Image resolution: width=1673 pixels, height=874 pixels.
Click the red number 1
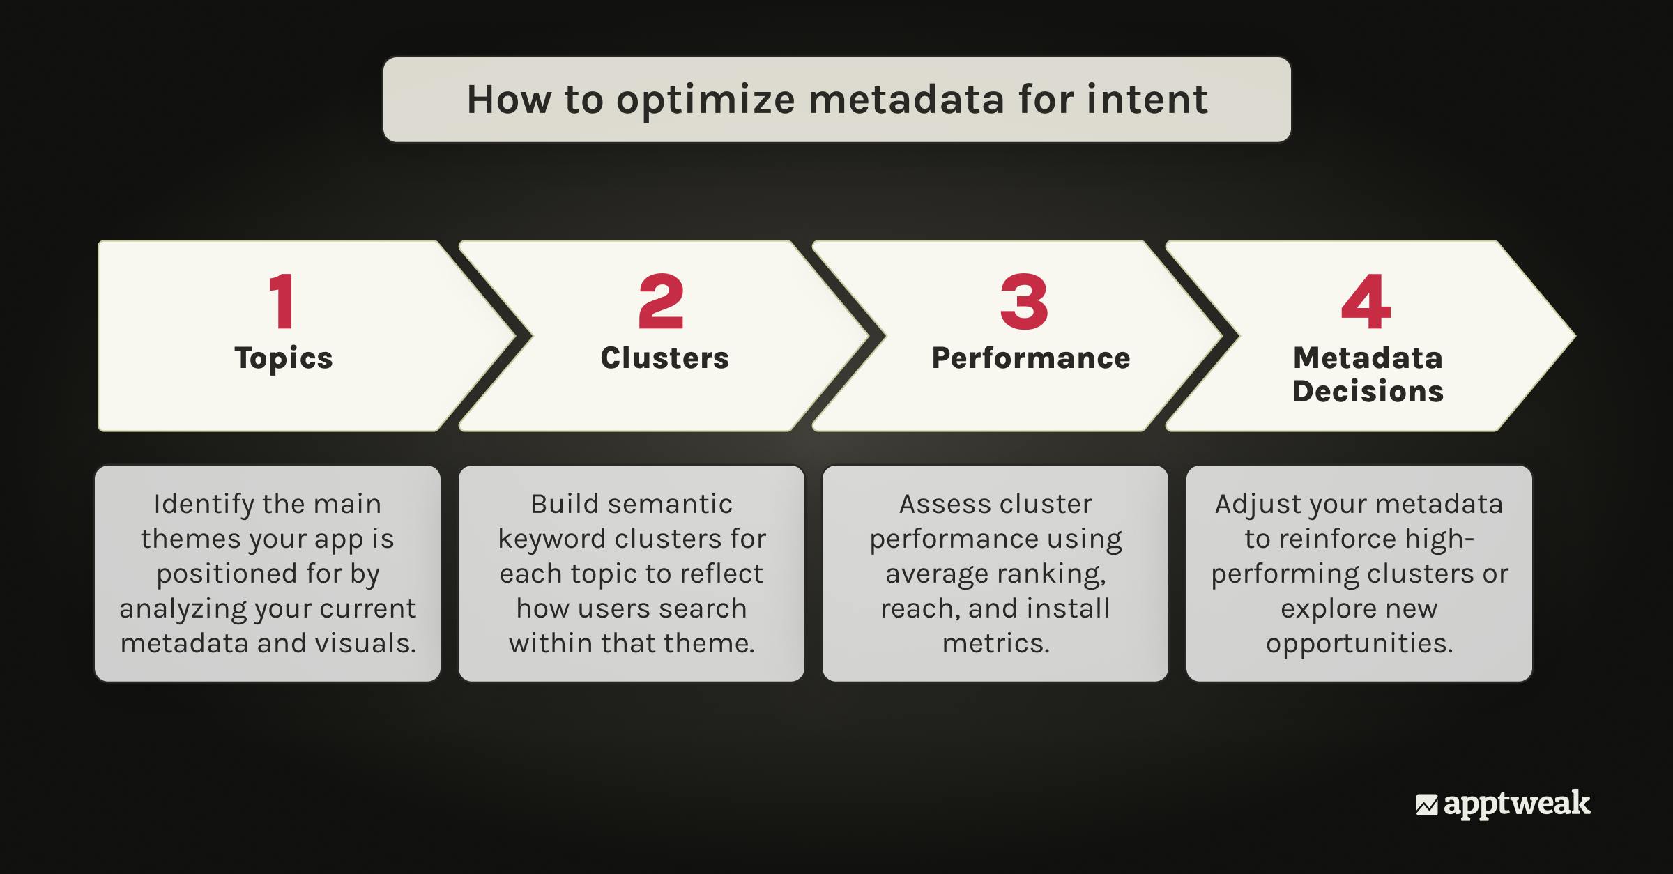coord(283,302)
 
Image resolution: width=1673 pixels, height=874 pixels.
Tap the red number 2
coord(661,302)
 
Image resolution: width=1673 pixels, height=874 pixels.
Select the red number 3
coord(1023,302)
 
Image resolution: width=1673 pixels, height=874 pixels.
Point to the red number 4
coord(1366,302)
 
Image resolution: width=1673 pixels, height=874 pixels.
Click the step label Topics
coord(284,358)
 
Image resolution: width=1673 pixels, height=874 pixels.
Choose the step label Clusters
coord(664,358)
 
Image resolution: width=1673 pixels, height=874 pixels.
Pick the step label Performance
coord(1031,358)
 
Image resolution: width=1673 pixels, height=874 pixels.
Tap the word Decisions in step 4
coord(1368,391)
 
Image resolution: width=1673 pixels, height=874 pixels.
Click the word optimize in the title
coord(705,100)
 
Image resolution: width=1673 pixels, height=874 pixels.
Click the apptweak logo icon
coord(1426,805)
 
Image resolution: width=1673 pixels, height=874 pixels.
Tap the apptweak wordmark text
coord(1517,804)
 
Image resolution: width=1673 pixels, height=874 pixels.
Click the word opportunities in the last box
coord(1359,643)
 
